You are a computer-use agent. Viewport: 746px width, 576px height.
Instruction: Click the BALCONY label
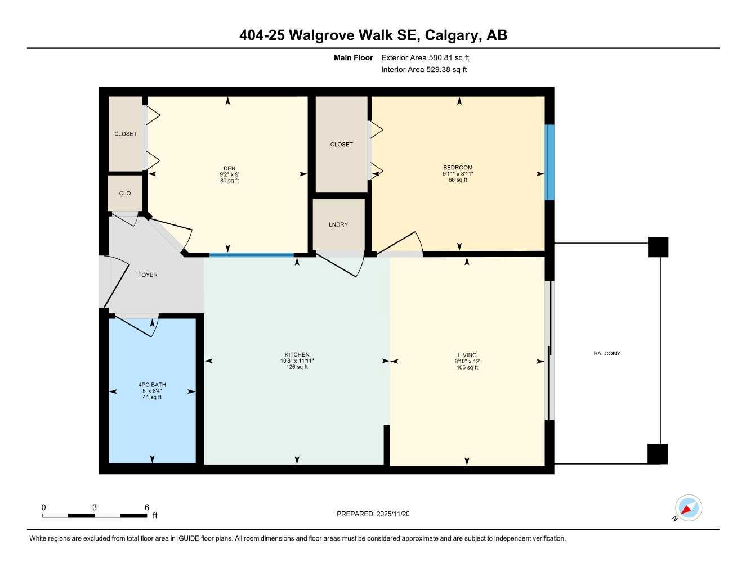coord(607,353)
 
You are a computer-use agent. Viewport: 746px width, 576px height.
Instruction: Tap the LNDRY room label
coord(338,224)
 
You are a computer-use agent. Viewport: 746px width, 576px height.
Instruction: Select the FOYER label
coord(148,275)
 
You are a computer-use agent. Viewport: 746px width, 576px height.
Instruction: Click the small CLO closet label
coord(125,193)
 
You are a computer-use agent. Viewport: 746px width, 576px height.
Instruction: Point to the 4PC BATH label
coord(152,385)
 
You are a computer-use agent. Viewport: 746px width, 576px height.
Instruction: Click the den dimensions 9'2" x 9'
coord(229,174)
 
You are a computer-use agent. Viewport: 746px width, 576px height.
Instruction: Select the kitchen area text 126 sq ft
coord(297,367)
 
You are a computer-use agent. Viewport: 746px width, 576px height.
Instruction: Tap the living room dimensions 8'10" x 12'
coord(467,362)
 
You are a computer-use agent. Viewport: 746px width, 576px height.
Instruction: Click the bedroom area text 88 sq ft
coord(458,180)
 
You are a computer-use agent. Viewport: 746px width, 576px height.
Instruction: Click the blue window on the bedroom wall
coord(550,162)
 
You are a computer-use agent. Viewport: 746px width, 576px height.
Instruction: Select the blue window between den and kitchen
coord(252,255)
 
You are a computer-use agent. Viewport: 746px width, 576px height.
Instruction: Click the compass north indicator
coord(687,508)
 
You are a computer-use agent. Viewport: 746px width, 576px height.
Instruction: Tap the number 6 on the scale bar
coord(147,507)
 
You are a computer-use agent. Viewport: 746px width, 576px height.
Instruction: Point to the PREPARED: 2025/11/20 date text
coord(373,514)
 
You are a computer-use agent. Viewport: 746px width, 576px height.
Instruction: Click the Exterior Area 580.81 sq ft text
coord(425,57)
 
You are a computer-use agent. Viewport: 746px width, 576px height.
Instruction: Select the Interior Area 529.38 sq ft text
coord(424,70)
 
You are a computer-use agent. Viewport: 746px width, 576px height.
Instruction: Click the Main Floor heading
coord(353,57)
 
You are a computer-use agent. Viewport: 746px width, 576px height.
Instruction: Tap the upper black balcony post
coord(658,247)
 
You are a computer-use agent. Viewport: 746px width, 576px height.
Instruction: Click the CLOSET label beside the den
coord(126,134)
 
